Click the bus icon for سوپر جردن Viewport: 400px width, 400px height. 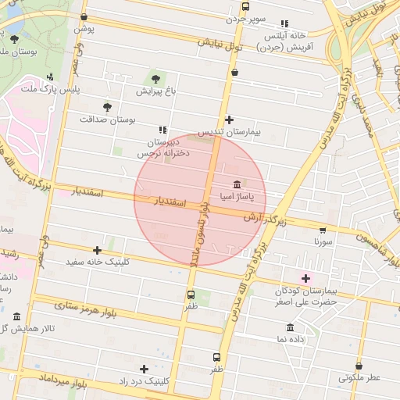245,7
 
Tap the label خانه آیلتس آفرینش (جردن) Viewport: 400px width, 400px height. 290,41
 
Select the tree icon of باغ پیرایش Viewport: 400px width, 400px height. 155,78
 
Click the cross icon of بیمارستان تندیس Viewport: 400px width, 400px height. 229,120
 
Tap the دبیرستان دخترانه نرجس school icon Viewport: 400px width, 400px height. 162,130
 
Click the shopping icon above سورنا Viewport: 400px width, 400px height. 323,230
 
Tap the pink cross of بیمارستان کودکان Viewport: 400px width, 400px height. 305,278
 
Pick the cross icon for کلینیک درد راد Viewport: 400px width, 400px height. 144,369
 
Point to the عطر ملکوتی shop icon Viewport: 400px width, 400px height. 359,366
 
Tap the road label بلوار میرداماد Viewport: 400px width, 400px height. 70,384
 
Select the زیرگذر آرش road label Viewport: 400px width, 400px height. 265,218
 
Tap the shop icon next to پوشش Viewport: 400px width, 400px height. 84,16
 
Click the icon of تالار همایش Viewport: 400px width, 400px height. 17,316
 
